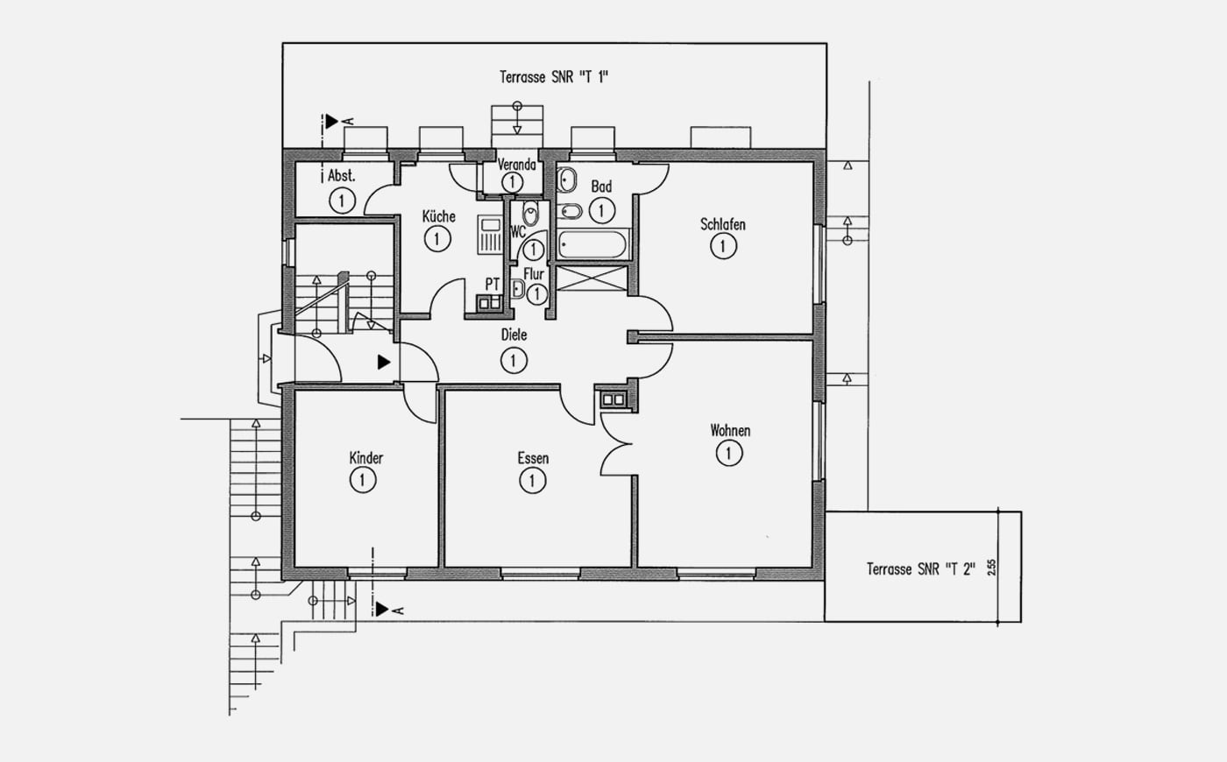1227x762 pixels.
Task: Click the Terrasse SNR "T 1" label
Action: (x=554, y=77)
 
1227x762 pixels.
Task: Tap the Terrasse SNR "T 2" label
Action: (x=921, y=569)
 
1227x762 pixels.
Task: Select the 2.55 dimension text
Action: (x=991, y=568)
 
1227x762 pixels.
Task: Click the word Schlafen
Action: (x=723, y=224)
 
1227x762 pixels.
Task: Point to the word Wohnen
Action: (x=730, y=431)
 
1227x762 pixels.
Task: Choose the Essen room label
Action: (x=533, y=458)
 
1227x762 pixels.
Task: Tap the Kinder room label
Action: (x=366, y=457)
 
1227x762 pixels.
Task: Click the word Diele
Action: (x=514, y=335)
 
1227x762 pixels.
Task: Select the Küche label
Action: (x=439, y=216)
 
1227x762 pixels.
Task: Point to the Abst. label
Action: (x=341, y=176)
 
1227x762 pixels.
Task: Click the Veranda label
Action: (x=516, y=165)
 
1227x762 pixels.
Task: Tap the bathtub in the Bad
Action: (x=592, y=244)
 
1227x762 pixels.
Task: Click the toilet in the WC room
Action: (x=530, y=212)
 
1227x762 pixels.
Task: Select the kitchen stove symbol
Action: (x=490, y=235)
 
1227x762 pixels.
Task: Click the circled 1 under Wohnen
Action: (x=729, y=454)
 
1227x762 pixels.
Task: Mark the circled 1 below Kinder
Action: (x=363, y=481)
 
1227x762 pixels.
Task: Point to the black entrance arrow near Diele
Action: (x=384, y=362)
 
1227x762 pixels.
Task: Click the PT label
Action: (x=493, y=284)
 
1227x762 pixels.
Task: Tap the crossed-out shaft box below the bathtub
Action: (x=592, y=279)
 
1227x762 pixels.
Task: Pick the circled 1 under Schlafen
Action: (x=723, y=246)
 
